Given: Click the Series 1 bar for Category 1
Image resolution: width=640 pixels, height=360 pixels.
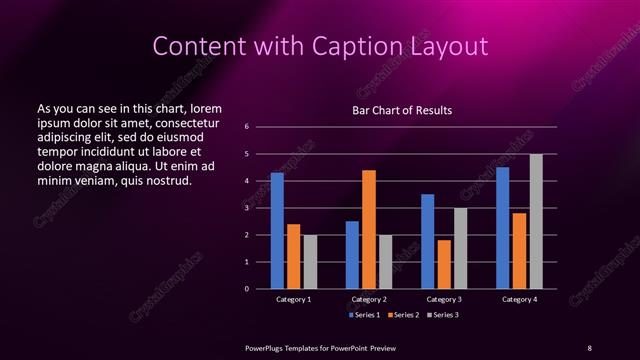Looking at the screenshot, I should click(x=277, y=231).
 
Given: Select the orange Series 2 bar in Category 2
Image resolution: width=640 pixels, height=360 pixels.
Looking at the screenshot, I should click(x=369, y=229).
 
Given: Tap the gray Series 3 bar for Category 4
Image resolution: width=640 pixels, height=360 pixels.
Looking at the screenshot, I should click(x=536, y=221).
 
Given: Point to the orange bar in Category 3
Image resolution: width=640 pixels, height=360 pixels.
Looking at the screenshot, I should click(x=444, y=264).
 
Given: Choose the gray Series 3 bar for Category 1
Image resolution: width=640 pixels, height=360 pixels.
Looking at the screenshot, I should click(x=310, y=262).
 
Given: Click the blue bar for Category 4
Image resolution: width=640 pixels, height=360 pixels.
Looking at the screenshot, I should click(x=503, y=228).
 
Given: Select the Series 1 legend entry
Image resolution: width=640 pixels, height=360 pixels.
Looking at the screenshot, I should click(x=364, y=315).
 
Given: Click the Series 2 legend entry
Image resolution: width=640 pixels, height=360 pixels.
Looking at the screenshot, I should click(x=401, y=315).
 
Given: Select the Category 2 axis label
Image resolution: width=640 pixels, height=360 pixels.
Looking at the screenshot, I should click(x=369, y=299).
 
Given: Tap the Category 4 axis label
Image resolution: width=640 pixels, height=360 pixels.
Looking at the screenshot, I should click(x=519, y=299).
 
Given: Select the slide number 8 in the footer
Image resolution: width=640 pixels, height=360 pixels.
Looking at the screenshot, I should click(x=589, y=347).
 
